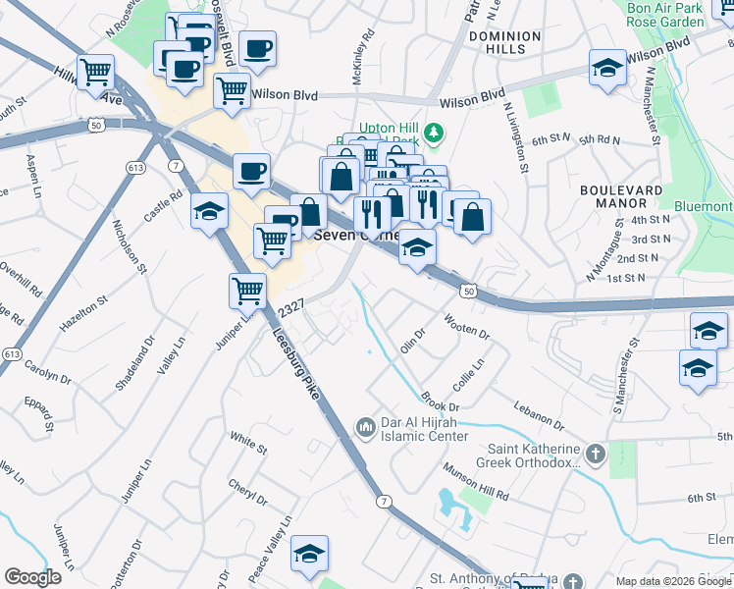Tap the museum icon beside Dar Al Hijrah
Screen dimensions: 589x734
(x=366, y=426)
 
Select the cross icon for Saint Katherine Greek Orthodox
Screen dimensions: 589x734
(x=595, y=454)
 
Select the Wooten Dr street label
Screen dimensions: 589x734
(x=467, y=327)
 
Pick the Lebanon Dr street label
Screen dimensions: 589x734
(x=540, y=415)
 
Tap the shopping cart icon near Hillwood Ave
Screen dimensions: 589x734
(x=96, y=71)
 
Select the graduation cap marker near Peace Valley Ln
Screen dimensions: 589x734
(x=309, y=555)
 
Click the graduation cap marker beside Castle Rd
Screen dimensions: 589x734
(x=209, y=211)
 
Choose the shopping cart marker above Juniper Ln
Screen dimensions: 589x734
(x=247, y=290)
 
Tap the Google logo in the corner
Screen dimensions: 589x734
(x=32, y=576)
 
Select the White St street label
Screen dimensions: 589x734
(x=248, y=443)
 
